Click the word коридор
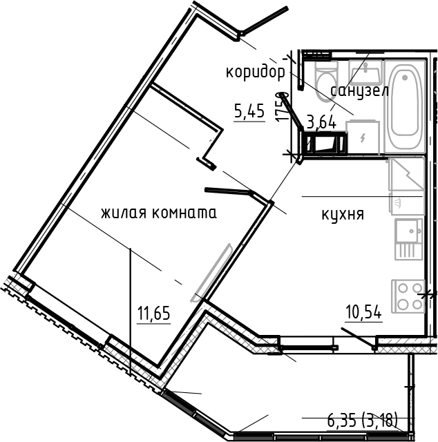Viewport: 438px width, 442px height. pos(255,71)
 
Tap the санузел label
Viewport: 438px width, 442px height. pos(359,90)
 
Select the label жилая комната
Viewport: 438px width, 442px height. pos(158,213)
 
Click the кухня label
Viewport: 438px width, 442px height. pos(343,214)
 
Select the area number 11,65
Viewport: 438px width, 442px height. pos(153,314)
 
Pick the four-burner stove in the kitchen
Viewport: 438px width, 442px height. pos(408,296)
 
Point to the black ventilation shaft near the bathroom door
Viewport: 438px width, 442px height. pos(324,144)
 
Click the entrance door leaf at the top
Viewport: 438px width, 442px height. pos(263,21)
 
